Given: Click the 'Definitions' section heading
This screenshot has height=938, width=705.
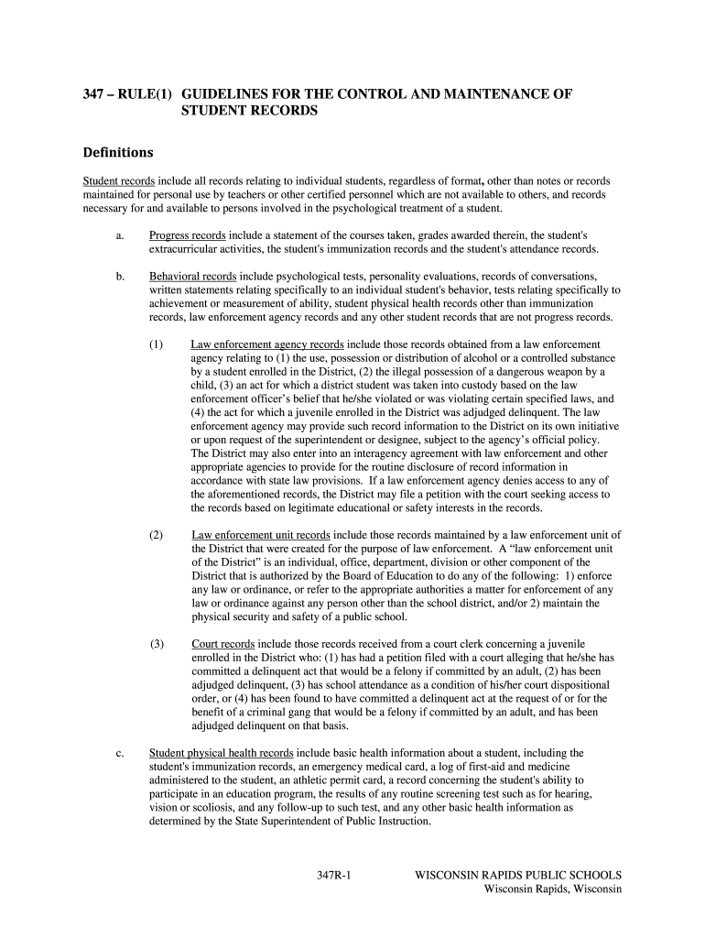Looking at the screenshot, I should (118, 152).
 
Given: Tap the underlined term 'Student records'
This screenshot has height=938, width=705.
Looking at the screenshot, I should (119, 181).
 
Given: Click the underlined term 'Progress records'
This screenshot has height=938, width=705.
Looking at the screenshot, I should (188, 235).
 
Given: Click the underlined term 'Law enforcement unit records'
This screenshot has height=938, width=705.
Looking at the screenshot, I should (261, 535).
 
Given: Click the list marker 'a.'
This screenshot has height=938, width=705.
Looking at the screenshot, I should (120, 235).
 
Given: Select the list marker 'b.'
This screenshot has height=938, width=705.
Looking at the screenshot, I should (120, 276).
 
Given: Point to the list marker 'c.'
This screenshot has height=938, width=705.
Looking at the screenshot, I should (120, 753).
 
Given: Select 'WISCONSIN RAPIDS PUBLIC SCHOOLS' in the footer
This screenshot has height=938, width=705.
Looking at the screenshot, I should (518, 875).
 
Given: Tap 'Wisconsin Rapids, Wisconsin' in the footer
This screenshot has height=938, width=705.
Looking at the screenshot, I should (553, 889).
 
